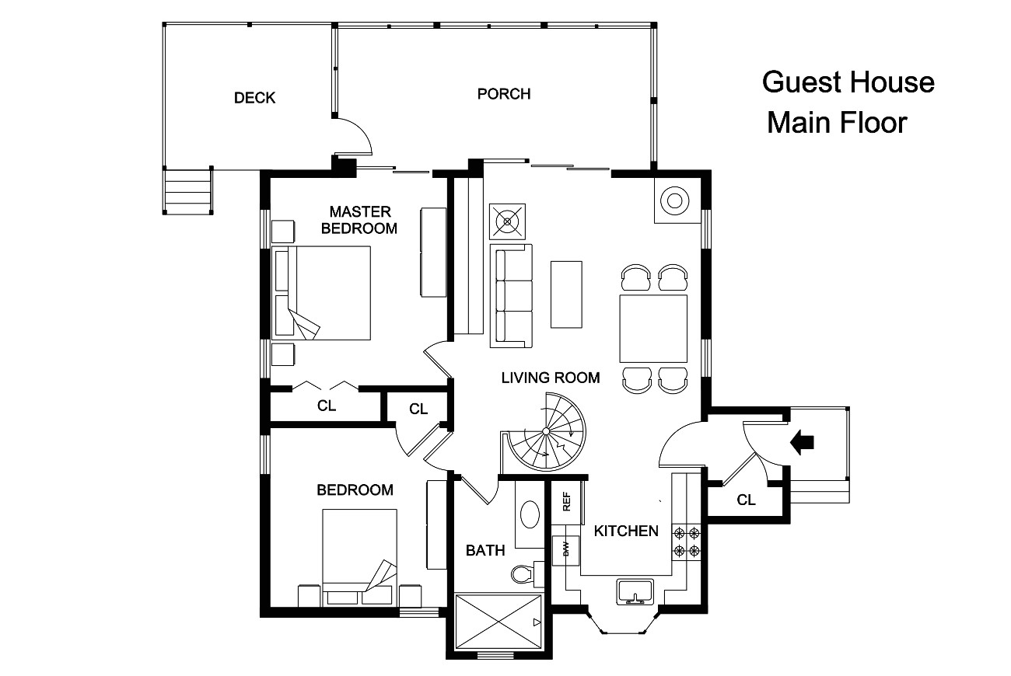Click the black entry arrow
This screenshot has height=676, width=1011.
(802, 442)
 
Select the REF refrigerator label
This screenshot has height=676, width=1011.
(567, 503)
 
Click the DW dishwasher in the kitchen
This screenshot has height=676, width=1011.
(566, 549)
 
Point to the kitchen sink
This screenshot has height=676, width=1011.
(636, 591)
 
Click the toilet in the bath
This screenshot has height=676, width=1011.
(524, 573)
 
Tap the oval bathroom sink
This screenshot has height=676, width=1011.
(531, 514)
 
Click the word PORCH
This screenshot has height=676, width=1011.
(504, 94)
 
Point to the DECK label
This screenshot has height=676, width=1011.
(255, 98)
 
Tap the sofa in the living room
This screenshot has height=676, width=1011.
(511, 295)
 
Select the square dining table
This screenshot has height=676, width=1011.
(653, 328)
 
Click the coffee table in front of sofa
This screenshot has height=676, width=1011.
(566, 294)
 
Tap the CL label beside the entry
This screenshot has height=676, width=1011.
(746, 500)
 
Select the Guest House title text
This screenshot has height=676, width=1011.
(848, 82)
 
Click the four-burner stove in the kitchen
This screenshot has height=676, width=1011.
(687, 542)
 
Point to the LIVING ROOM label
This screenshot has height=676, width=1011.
(551, 378)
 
